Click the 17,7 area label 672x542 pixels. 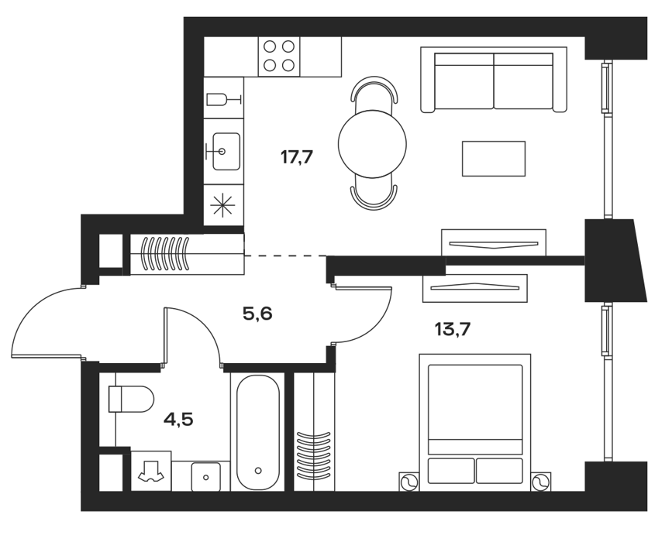[x=297, y=158]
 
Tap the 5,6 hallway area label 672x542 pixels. [x=257, y=314]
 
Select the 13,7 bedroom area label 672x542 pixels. [x=453, y=329]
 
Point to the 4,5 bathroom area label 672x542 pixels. [x=178, y=420]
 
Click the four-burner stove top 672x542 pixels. [x=278, y=56]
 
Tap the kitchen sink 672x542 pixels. [x=223, y=151]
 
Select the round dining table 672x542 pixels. [x=372, y=144]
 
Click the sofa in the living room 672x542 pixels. [x=494, y=80]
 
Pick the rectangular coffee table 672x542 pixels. [x=494, y=159]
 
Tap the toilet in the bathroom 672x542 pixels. [x=131, y=399]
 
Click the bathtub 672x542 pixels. [x=258, y=432]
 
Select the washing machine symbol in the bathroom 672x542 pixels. [x=151, y=471]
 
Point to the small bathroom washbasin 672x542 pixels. [x=205, y=477]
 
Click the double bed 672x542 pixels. [x=475, y=422]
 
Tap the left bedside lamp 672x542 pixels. [x=408, y=482]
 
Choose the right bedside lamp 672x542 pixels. [x=541, y=482]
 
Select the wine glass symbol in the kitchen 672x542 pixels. [x=224, y=100]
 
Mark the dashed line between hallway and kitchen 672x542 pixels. [x=285, y=256]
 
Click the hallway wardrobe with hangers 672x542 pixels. [x=187, y=254]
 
